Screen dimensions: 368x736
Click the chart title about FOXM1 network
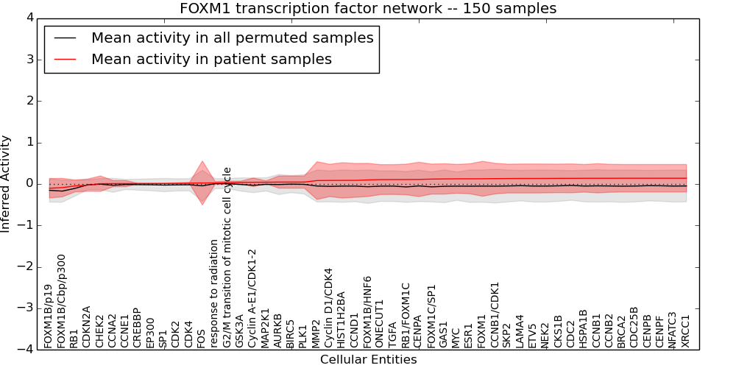368,8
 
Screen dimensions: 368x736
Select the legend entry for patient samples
211,59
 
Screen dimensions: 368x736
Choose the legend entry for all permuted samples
232,38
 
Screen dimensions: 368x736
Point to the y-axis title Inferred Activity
7,183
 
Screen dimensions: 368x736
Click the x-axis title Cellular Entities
368,359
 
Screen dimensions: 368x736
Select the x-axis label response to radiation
214,292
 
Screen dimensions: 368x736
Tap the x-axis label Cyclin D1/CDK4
329,308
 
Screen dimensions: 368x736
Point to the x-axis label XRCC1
686,330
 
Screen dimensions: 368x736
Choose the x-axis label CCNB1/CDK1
495,314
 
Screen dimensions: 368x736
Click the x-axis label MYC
456,337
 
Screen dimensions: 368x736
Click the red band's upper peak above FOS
202,161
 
